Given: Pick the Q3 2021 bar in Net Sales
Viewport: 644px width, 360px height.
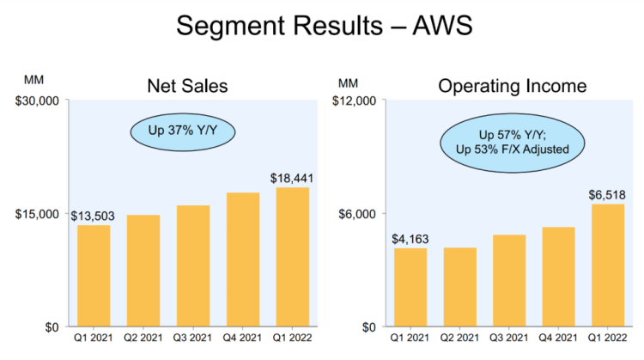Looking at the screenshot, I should tap(193, 265).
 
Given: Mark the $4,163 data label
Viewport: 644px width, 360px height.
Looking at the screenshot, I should tap(410, 238).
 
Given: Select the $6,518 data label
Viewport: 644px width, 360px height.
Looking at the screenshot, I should tap(608, 193).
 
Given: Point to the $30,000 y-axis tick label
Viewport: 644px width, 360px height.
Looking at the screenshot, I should tap(36, 101).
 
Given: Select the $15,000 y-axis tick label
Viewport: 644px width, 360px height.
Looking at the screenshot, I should tap(36, 214).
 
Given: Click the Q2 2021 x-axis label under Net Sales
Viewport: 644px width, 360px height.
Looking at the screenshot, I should tap(143, 339).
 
